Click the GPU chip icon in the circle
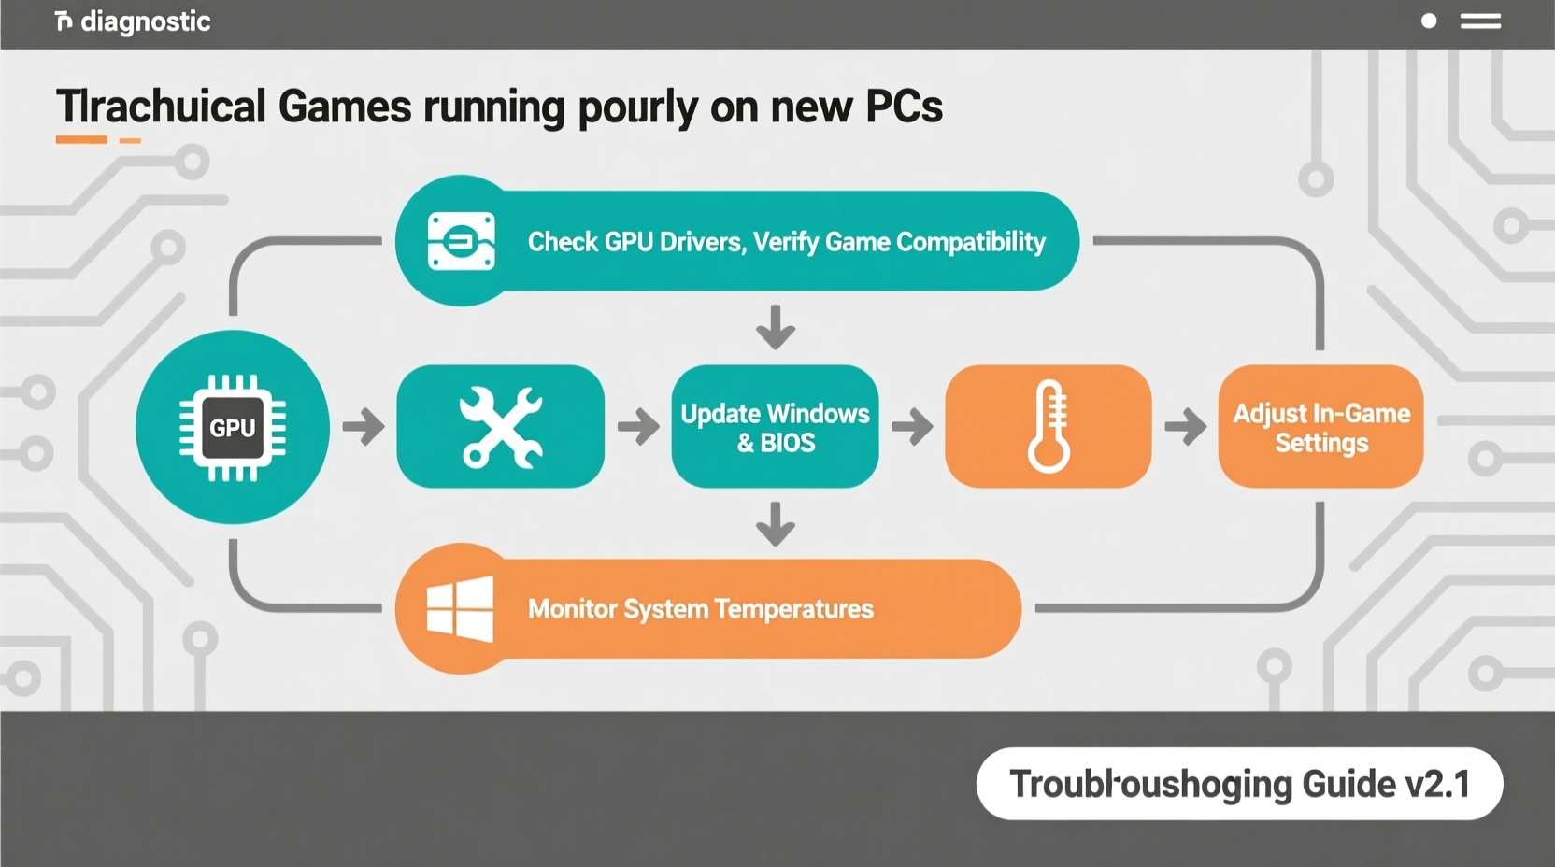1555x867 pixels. [233, 428]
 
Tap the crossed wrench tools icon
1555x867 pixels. [501, 427]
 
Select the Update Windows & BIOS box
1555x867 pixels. [775, 427]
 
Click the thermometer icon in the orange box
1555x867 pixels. [1049, 426]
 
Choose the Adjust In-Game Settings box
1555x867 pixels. [1320, 427]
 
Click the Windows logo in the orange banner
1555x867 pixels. [460, 608]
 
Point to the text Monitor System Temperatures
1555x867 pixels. [700, 609]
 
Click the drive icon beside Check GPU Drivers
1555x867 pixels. [461, 242]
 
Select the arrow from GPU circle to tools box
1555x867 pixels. [364, 427]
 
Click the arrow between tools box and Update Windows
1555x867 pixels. [638, 427]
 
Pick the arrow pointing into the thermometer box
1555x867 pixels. [912, 427]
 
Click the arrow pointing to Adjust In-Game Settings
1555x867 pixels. [1185, 427]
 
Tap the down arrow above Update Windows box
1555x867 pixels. [775, 327]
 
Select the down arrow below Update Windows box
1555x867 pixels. [775, 524]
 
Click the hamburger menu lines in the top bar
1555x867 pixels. [1480, 21]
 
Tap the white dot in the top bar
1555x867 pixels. [1428, 21]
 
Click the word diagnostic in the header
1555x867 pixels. [145, 21]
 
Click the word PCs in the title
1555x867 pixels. [904, 107]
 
